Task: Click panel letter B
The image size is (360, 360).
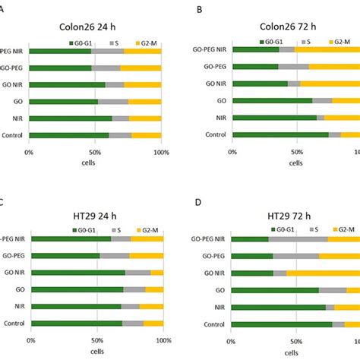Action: [200, 9]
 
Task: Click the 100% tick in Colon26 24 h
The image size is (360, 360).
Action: [161, 153]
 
